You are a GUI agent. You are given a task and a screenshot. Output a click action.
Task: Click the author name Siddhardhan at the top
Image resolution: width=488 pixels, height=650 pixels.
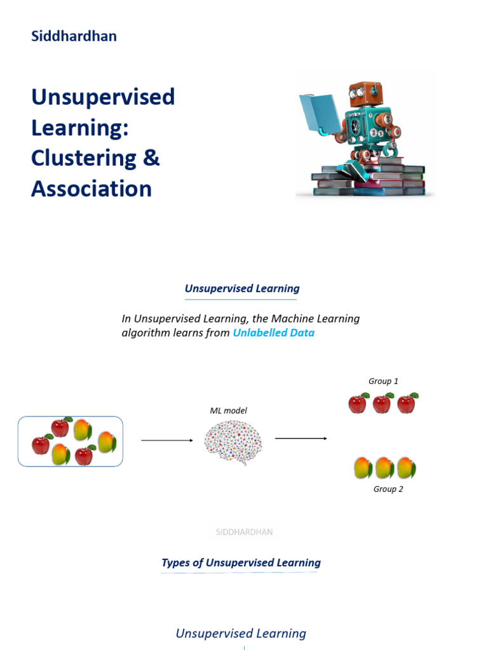(x=74, y=36)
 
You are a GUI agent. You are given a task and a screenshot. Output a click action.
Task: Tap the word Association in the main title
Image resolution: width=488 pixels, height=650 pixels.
(x=91, y=189)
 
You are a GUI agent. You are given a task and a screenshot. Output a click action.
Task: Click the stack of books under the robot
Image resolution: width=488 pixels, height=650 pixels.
(x=369, y=181)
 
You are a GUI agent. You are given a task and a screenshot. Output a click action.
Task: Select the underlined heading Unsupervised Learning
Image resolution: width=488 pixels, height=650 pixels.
(x=241, y=288)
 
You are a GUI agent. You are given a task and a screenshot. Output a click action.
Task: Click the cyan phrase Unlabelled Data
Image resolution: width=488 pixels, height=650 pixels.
(x=273, y=333)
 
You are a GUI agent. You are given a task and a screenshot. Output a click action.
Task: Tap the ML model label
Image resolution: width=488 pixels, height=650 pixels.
(x=228, y=411)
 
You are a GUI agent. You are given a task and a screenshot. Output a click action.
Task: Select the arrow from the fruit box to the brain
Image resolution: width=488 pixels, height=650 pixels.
(x=166, y=440)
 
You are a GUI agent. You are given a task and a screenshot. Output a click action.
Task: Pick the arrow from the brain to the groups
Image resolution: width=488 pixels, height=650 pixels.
(x=301, y=439)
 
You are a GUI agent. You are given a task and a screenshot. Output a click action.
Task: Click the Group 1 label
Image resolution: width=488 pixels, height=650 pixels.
(x=383, y=381)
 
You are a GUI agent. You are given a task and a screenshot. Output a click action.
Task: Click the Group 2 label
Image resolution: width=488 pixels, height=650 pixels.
(x=388, y=489)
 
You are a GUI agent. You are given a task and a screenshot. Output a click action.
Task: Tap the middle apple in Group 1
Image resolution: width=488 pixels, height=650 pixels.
(x=383, y=403)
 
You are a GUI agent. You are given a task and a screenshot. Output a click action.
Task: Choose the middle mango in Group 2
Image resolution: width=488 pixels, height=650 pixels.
(x=384, y=468)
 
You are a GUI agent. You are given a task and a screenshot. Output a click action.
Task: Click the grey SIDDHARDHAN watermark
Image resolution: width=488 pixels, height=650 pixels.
(x=244, y=532)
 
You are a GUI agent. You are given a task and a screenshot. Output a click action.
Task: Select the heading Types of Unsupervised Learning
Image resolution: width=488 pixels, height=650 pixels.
(x=241, y=562)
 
